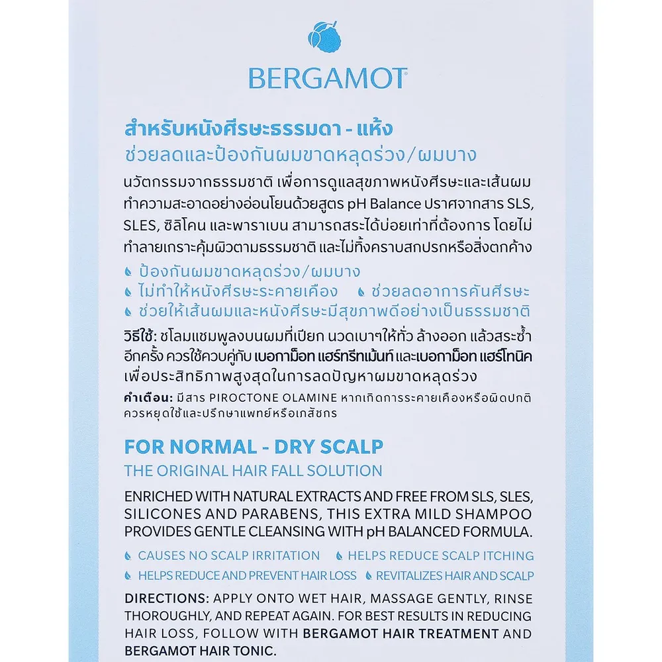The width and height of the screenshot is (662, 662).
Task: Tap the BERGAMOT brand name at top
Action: click(x=328, y=78)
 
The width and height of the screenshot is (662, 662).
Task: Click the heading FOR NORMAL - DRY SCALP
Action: click(x=254, y=446)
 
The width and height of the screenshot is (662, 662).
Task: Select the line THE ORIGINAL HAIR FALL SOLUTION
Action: click(x=254, y=471)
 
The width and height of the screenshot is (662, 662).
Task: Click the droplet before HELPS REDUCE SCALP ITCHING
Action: click(x=339, y=556)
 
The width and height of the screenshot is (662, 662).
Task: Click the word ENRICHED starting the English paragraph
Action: click(x=158, y=497)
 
